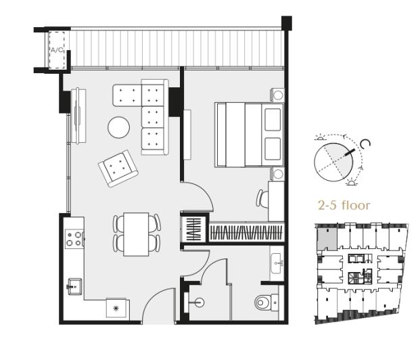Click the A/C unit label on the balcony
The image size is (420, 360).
coord(55,49)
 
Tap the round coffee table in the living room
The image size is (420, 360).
coord(119,127)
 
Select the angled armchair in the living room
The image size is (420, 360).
coord(118,168)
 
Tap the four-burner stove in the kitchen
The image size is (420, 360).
coord(74,238)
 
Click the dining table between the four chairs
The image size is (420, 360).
coord(137,234)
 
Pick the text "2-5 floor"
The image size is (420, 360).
coord(344,205)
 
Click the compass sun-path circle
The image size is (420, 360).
coord(335,159)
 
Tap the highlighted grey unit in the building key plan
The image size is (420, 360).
coord(326,238)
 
